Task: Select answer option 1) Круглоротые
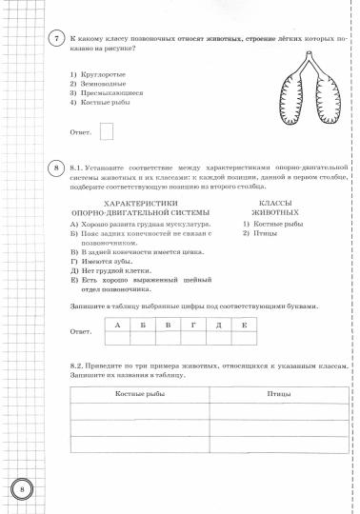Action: coord(97,73)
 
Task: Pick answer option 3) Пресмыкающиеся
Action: coord(105,93)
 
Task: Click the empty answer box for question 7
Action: coord(107,131)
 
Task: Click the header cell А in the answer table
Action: coord(116,326)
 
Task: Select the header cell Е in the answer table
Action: coord(244,326)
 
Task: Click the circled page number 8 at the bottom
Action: coord(22,490)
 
